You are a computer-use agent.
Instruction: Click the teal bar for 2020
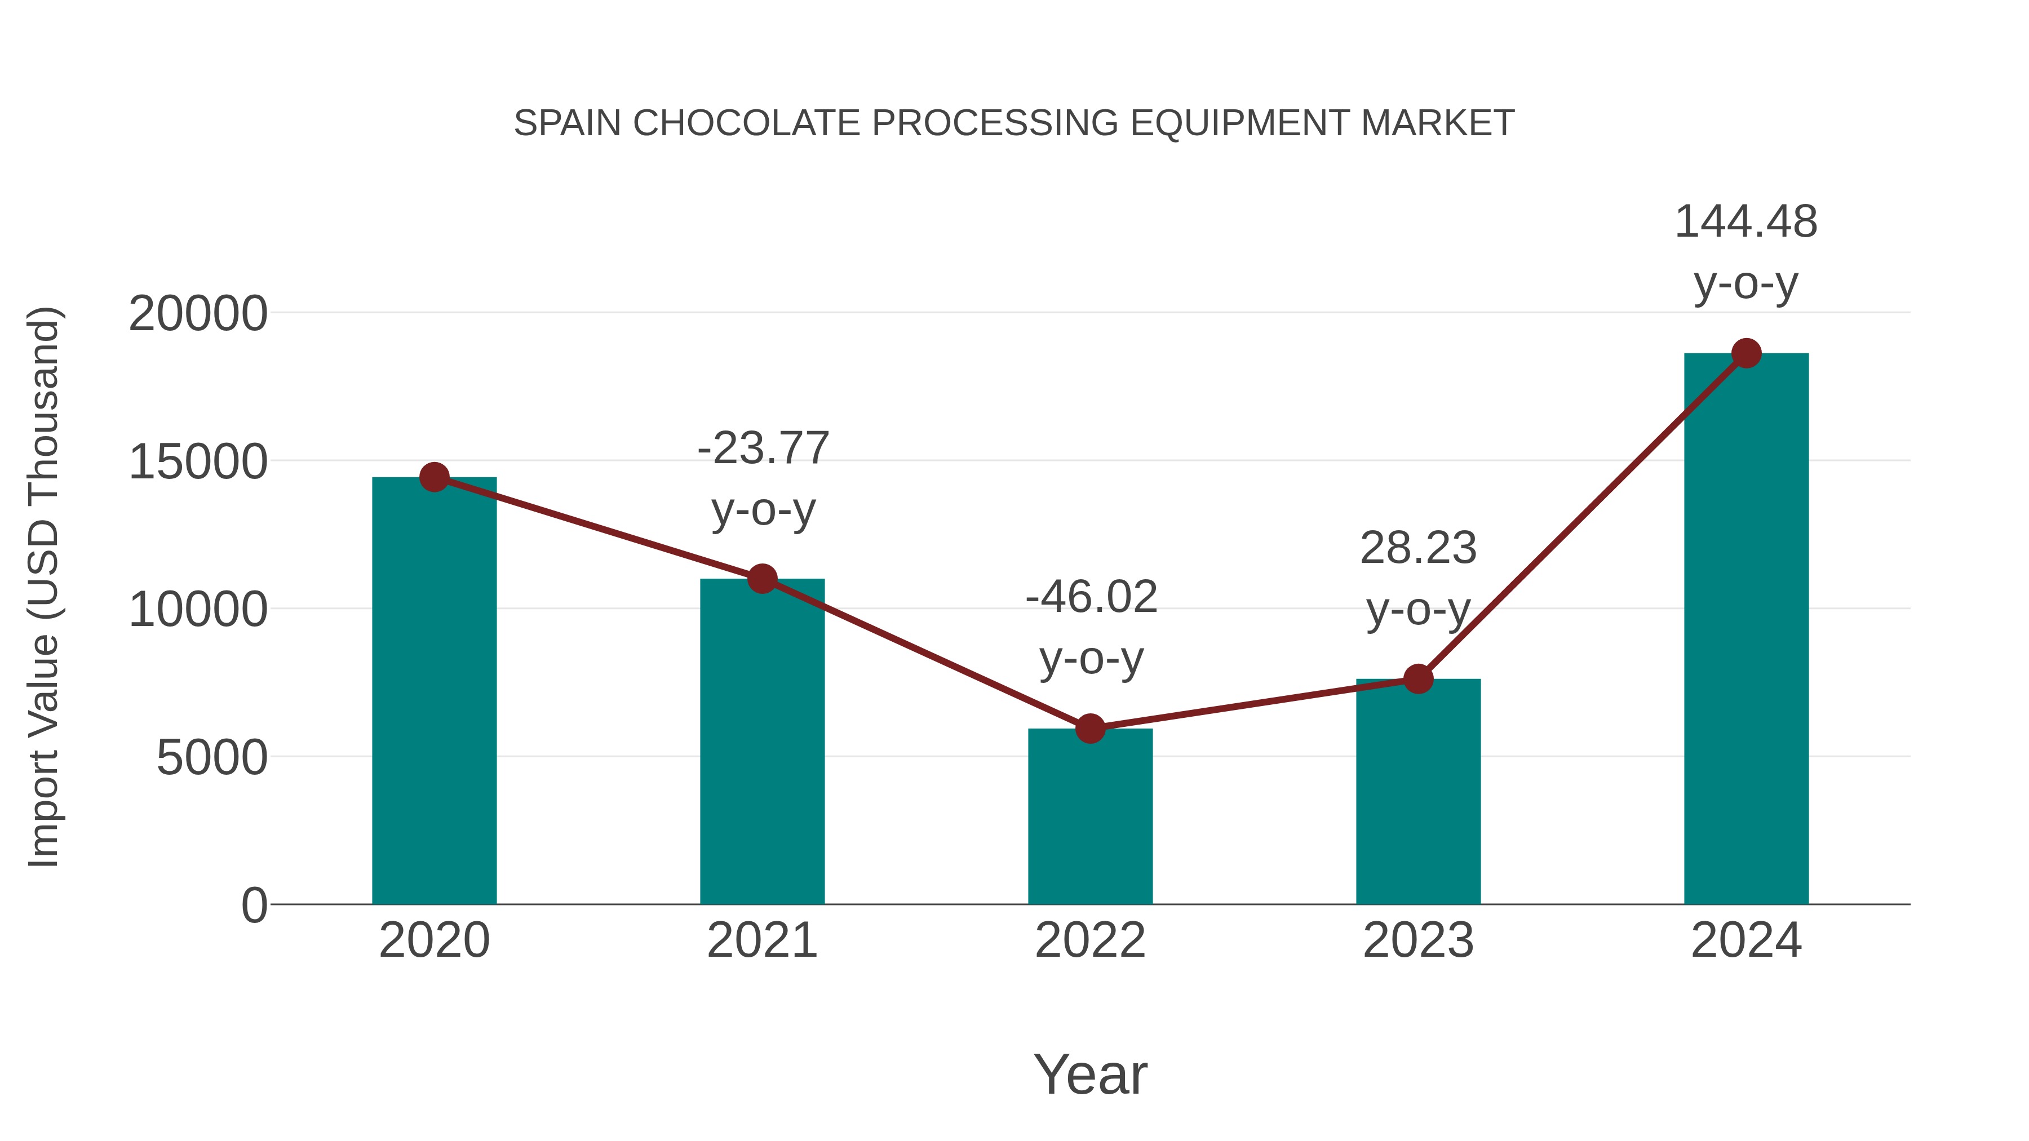[x=434, y=693]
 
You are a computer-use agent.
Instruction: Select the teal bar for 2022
[x=1090, y=819]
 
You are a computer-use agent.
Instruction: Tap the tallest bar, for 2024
[x=1746, y=630]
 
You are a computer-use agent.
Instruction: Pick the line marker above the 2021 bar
[x=761, y=579]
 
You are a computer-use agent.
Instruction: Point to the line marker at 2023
[x=1419, y=679]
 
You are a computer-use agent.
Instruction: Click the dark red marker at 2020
[x=434, y=477]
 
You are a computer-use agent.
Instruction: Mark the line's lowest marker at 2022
[x=1090, y=729]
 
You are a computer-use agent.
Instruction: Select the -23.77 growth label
[x=763, y=449]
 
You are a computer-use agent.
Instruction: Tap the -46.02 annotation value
[x=1091, y=597]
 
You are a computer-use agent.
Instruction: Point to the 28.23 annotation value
[x=1418, y=548]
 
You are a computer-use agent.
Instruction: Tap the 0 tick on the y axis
[x=254, y=905]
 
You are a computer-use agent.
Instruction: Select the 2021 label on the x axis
[x=761, y=941]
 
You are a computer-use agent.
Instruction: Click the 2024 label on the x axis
[x=1746, y=941]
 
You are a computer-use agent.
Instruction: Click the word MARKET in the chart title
[x=1437, y=123]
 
